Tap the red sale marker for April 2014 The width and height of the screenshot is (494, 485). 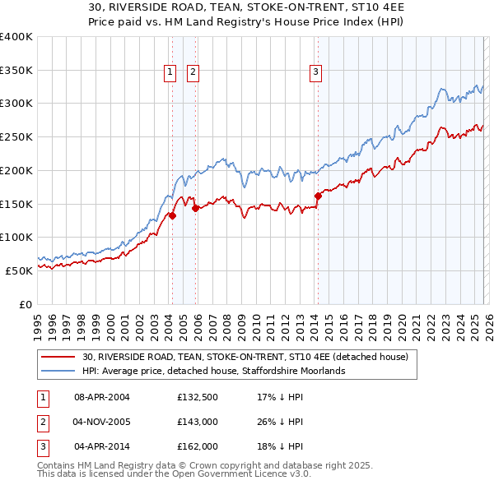[x=318, y=196]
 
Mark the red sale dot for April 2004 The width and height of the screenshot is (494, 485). [x=172, y=215]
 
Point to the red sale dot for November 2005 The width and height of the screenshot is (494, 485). [x=195, y=209]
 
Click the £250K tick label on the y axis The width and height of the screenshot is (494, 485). [x=16, y=136]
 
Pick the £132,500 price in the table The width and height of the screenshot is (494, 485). [x=197, y=397]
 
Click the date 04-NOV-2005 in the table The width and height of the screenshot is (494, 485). [x=102, y=422]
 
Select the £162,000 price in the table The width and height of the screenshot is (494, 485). [x=197, y=446]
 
